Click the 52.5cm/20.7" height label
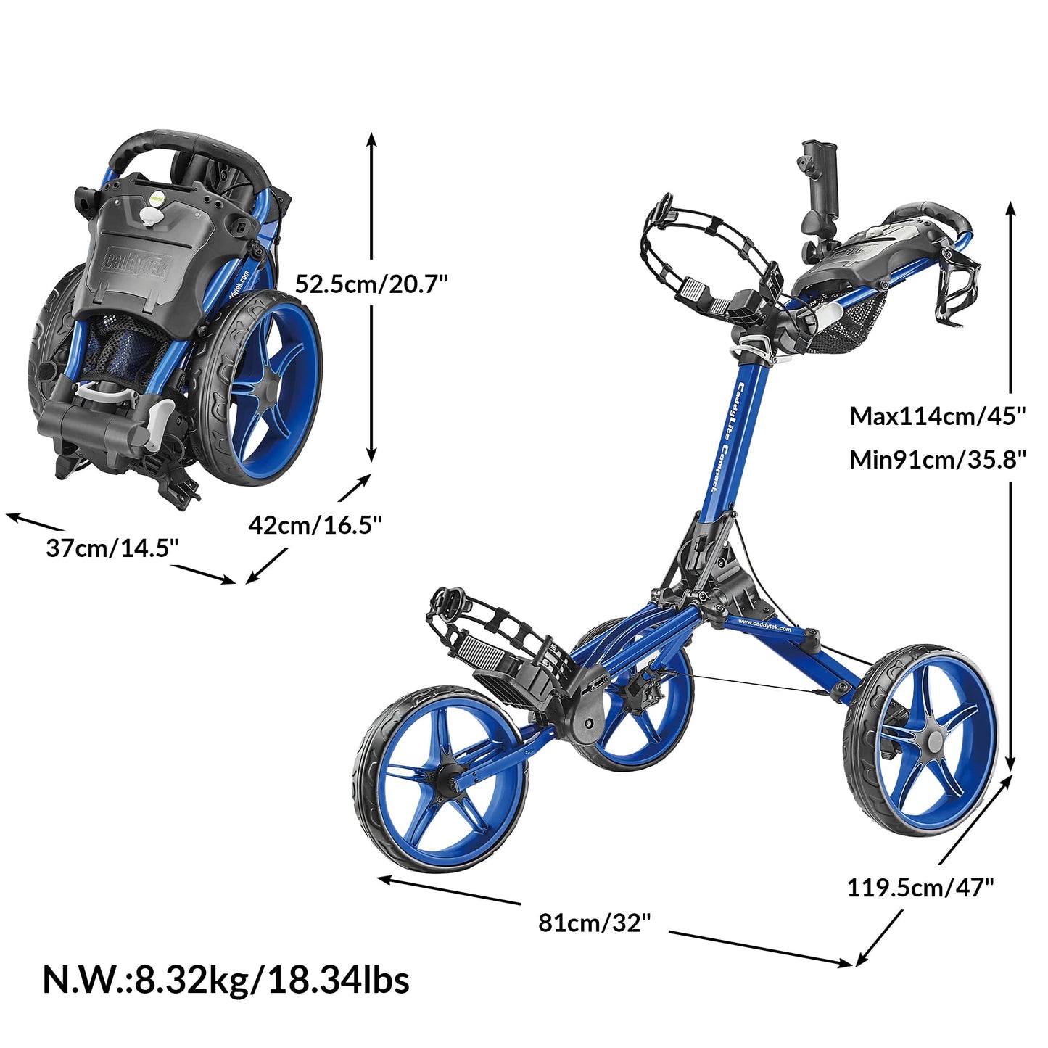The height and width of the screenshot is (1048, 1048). [371, 284]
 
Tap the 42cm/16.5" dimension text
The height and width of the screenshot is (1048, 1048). [315, 524]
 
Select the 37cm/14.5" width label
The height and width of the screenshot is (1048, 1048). [112, 548]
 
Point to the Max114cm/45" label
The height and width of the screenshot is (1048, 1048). [938, 416]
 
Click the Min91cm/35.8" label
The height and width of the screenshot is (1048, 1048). [938, 459]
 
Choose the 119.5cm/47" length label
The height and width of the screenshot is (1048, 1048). [920, 887]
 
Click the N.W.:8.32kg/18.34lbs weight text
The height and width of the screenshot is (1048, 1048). [226, 979]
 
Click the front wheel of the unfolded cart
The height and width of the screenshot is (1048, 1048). [441, 780]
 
